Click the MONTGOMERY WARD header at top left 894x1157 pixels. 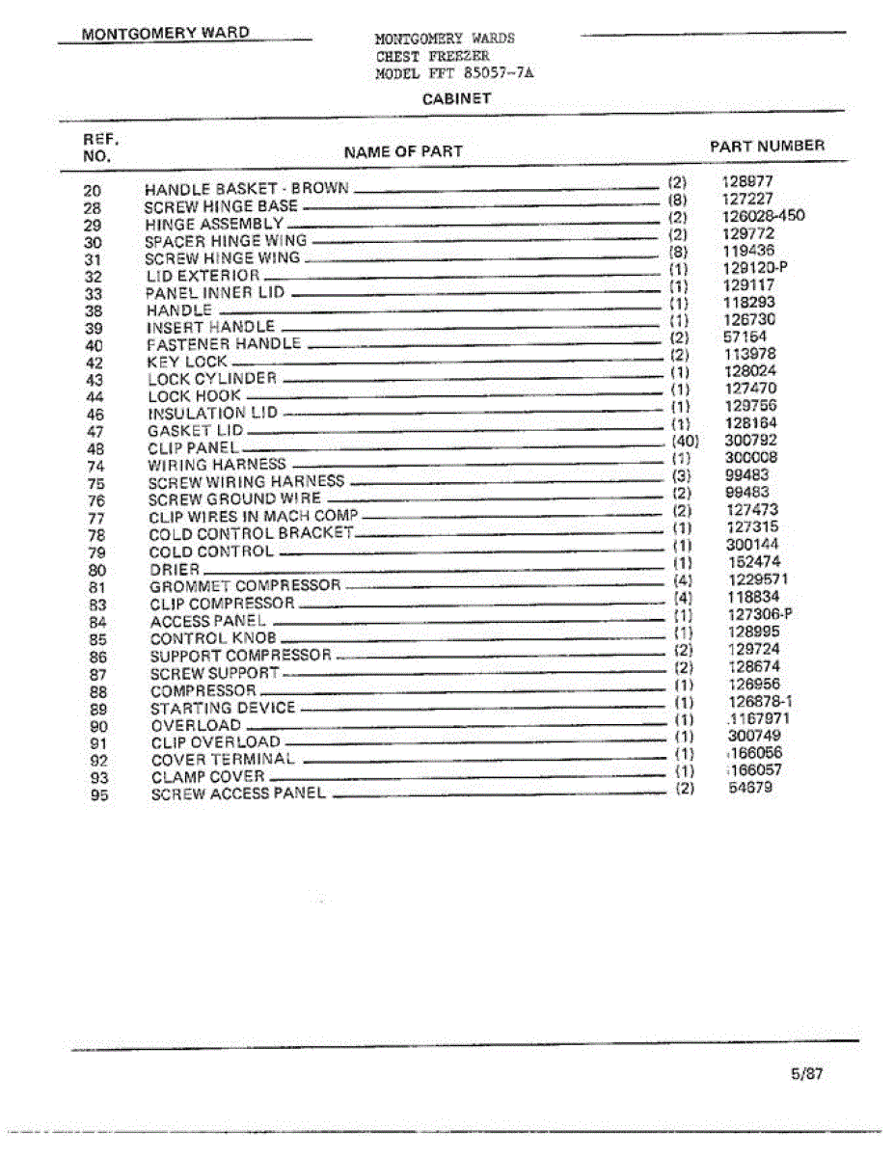pos(166,33)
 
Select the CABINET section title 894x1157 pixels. pos(456,98)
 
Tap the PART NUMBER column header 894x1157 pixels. pos(767,147)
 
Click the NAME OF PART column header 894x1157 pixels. pos(403,151)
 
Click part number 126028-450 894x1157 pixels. pos(763,216)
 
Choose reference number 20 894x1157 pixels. pos(93,191)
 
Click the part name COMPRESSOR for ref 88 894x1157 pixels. pos(203,691)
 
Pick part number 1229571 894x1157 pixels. pos(759,579)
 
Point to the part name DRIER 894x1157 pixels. pos(175,570)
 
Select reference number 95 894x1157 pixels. pos(98,795)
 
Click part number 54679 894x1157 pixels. pos(750,788)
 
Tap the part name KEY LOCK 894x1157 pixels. pos(187,363)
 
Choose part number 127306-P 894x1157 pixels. pos(760,614)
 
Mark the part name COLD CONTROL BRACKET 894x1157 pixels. pos(251,534)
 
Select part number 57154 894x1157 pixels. pos(745,337)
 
